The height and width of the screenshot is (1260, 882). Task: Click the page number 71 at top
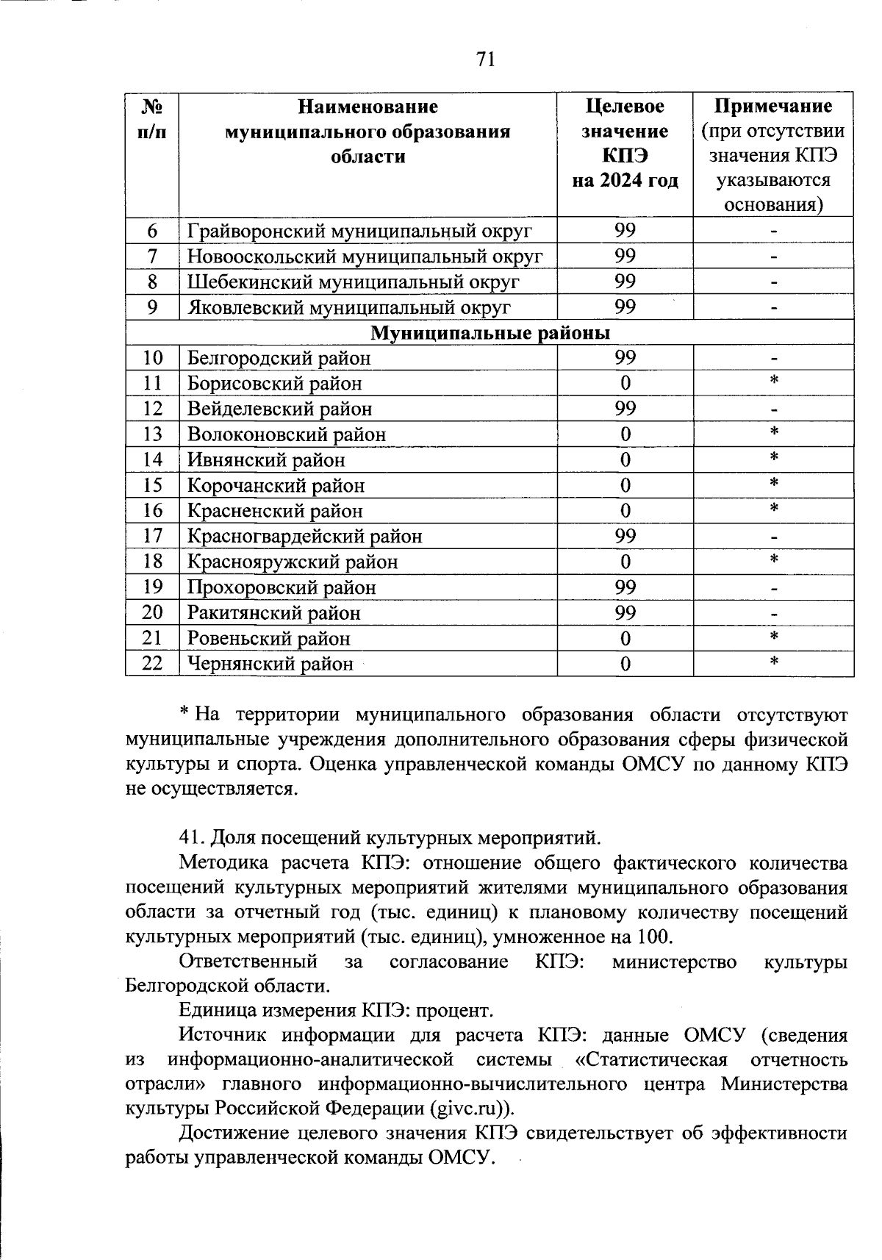(486, 60)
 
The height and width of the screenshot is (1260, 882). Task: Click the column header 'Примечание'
(773, 107)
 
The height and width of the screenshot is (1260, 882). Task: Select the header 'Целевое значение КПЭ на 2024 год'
(625, 144)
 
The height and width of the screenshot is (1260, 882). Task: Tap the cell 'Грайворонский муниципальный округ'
(359, 232)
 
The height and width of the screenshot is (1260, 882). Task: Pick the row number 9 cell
(152, 307)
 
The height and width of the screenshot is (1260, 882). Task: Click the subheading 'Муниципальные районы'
(490, 333)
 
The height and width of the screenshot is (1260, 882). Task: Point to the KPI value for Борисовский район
(625, 383)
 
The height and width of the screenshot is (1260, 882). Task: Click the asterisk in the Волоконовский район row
(774, 432)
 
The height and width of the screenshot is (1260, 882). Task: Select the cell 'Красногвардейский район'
(305, 537)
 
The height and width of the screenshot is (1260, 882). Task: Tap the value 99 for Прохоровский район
(625, 587)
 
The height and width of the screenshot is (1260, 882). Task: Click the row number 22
(152, 663)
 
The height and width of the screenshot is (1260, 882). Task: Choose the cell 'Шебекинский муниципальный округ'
(354, 282)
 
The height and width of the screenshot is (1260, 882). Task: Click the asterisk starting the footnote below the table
(185, 714)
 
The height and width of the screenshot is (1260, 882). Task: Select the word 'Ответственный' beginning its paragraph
(248, 962)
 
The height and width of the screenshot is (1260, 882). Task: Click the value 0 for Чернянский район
(625, 664)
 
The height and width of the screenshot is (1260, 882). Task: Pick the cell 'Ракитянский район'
(274, 613)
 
